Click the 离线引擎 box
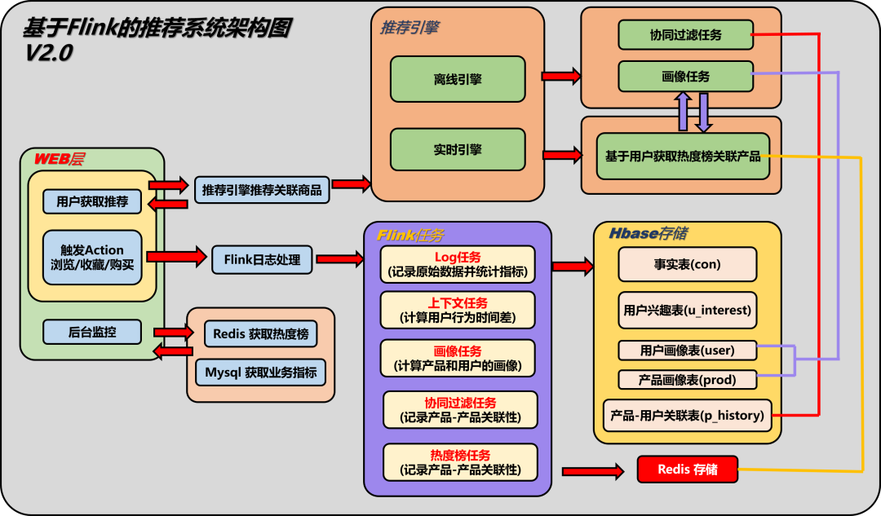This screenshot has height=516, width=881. point(457,80)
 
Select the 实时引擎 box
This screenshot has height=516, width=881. point(457,149)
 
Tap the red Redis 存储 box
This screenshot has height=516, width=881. point(687,470)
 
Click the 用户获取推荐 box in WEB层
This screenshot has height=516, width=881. point(92,201)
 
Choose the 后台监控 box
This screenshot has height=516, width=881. point(92,332)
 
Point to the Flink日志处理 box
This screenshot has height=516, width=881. point(262,261)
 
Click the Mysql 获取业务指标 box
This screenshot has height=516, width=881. point(260,373)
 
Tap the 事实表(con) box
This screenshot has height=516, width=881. point(687,265)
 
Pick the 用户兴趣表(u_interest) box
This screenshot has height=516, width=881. point(687,310)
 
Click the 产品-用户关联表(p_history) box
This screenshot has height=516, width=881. point(687,415)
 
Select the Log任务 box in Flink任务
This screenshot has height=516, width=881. point(458,264)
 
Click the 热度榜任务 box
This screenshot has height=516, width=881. point(460,462)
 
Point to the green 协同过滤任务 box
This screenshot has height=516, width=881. point(685,35)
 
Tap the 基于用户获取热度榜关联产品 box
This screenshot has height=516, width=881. point(683,156)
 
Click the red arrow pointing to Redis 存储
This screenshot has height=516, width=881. point(593,470)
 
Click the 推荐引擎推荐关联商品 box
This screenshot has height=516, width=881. point(262,190)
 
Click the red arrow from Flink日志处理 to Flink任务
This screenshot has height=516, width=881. point(339,259)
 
